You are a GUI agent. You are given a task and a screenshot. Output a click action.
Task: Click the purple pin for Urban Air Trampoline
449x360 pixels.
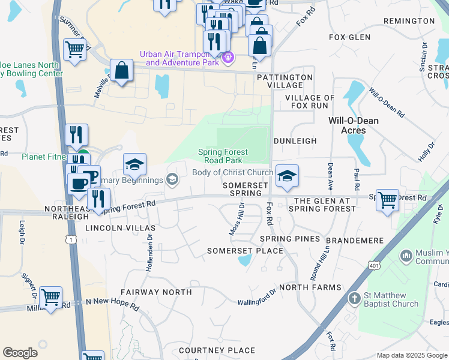[x=228, y=58]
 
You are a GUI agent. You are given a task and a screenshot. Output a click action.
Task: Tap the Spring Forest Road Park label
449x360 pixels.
[x=220, y=156]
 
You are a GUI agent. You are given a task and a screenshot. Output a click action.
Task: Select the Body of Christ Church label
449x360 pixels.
[x=232, y=173]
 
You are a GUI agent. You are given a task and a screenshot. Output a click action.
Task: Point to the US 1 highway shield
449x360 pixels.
[x=72, y=239]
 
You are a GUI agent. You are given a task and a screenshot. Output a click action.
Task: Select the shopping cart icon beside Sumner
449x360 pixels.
[x=74, y=50]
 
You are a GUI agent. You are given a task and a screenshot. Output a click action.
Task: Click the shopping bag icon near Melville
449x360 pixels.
[x=121, y=71]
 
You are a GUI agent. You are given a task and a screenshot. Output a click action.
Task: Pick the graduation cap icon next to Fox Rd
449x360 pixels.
[x=287, y=175]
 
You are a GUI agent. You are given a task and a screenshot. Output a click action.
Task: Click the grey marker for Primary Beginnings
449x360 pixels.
[x=172, y=179]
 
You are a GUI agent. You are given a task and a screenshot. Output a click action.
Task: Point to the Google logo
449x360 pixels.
[x=20, y=353]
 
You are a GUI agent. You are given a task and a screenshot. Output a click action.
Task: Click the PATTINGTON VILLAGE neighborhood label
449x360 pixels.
[x=285, y=82]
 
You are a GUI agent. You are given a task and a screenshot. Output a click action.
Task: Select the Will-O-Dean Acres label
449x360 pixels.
[x=354, y=125]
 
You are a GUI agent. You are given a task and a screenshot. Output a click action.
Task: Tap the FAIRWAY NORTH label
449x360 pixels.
[x=156, y=292]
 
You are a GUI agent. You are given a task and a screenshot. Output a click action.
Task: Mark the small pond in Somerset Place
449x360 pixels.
[x=244, y=260]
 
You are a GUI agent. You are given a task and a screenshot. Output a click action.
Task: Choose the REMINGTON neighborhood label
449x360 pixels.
[x=408, y=21]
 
